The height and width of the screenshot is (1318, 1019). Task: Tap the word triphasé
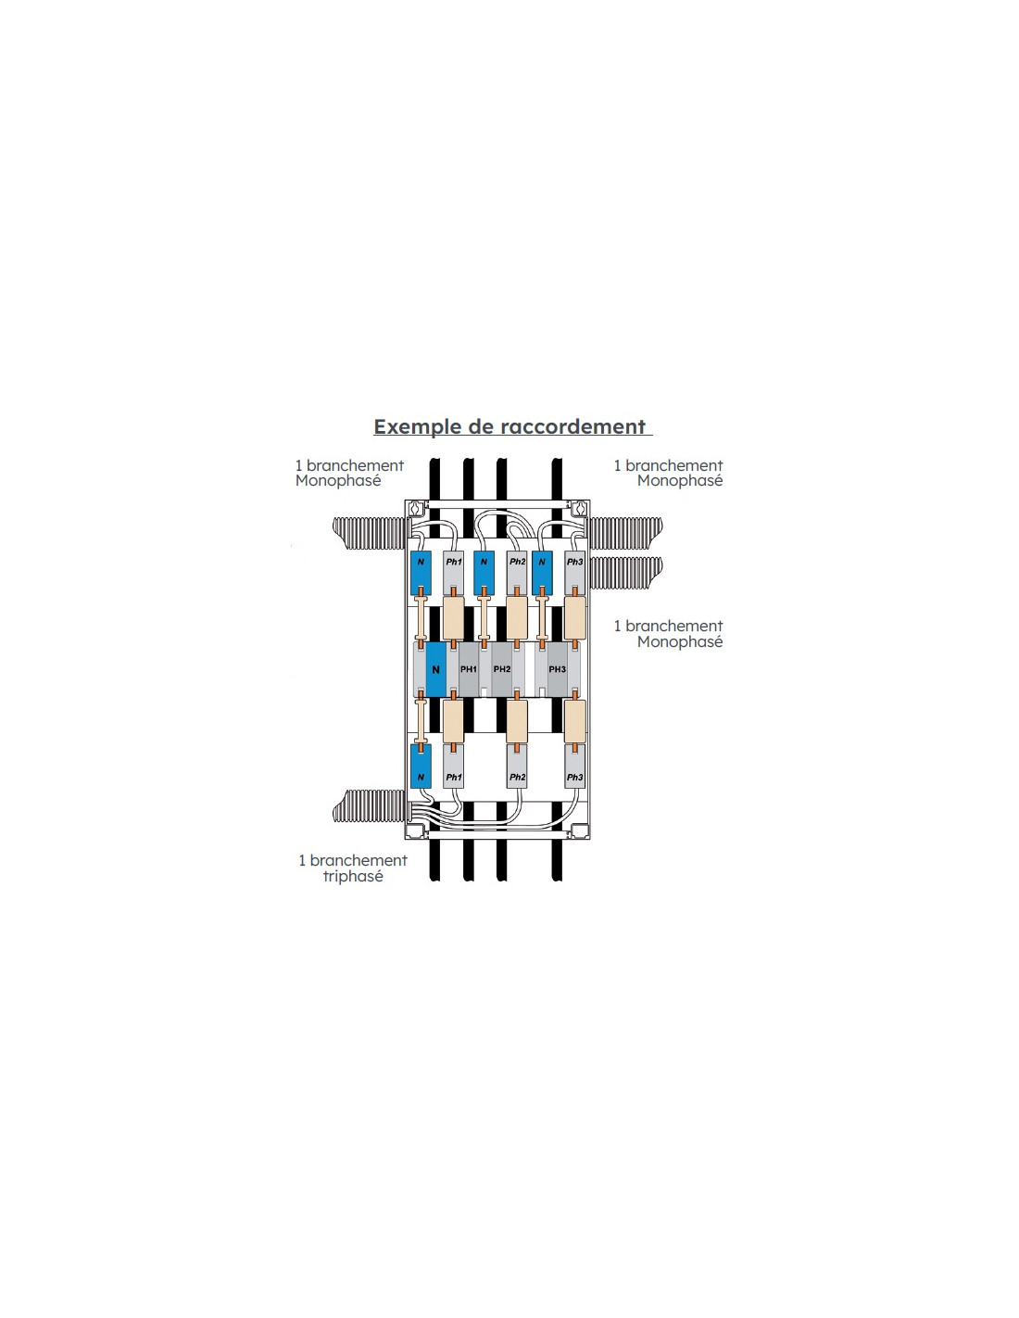point(353,877)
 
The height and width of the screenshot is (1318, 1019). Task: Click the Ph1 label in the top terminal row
point(453,562)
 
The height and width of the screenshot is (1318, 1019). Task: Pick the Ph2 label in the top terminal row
point(517,562)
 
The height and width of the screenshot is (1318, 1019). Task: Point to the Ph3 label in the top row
point(574,562)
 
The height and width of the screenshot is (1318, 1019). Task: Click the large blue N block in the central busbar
point(435,669)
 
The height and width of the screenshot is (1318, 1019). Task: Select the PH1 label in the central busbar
point(469,669)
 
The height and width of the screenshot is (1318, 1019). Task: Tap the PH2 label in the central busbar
point(502,669)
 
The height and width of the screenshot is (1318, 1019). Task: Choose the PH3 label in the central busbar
point(557,669)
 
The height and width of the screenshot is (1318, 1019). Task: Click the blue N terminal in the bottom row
point(421,767)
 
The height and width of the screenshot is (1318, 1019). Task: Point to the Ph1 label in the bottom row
point(453,777)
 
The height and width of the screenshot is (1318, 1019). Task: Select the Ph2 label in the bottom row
point(517,777)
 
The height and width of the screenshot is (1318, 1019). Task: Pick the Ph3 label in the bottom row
point(574,777)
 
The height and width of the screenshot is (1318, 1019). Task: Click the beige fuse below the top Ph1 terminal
point(453,617)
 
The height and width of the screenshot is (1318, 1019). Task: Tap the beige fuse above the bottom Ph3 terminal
point(574,721)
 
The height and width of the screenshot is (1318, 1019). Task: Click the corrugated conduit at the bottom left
point(370,806)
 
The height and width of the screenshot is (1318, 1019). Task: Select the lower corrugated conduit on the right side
point(625,572)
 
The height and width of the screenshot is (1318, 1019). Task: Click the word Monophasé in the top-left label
point(338,481)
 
